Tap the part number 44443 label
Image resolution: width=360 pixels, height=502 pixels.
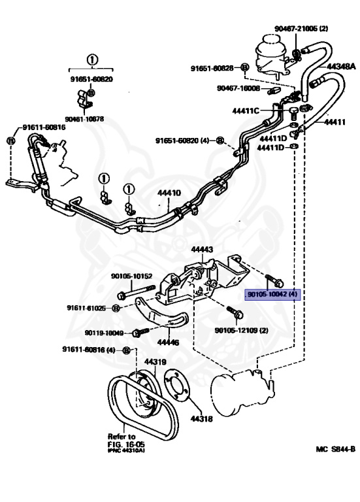pyautogui.click(x=202, y=250)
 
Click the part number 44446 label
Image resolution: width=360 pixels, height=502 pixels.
pyautogui.click(x=168, y=341)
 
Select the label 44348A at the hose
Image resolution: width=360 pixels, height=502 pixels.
pyautogui.click(x=341, y=67)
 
